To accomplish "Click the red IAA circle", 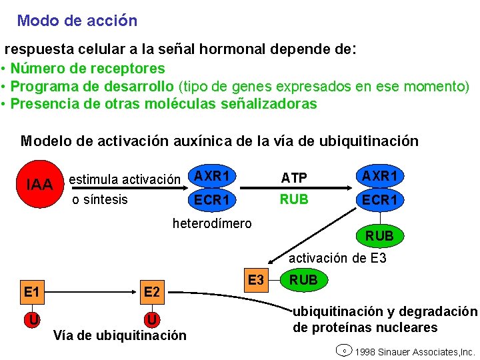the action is pyautogui.click(x=39, y=183).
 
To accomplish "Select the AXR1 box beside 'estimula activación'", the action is pyautogui.click(x=212, y=177).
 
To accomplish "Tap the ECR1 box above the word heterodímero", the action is pyautogui.click(x=212, y=199).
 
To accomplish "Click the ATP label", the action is pyautogui.click(x=294, y=178).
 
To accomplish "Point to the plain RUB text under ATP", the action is pyautogui.click(x=294, y=199).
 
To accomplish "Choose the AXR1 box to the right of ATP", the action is pyautogui.click(x=380, y=177).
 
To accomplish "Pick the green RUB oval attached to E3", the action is pyautogui.click(x=304, y=280).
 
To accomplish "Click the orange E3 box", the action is pyautogui.click(x=255, y=280).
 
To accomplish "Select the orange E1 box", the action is pyautogui.click(x=31, y=291).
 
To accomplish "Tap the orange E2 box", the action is pyautogui.click(x=152, y=291).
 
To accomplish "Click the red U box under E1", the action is pyautogui.click(x=31, y=319).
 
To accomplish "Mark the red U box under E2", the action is pyautogui.click(x=152, y=319).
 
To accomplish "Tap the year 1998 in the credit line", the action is pyautogui.click(x=367, y=351).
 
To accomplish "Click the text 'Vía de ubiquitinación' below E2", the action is pyautogui.click(x=119, y=335).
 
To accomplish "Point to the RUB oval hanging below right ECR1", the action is pyautogui.click(x=379, y=235).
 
